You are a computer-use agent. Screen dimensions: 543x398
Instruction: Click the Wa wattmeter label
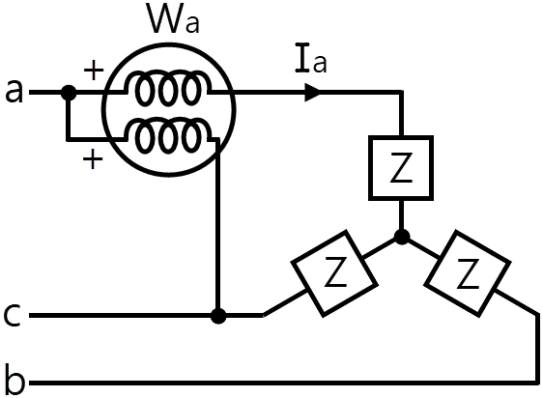pos(173,19)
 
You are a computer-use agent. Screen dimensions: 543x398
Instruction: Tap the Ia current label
pos(311,58)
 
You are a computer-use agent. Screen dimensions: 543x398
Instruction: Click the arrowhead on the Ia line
pos(313,93)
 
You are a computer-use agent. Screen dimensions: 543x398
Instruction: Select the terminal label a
pos(14,91)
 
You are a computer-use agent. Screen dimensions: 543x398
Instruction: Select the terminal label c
pos(13,315)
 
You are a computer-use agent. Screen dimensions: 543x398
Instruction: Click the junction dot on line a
pos(69,93)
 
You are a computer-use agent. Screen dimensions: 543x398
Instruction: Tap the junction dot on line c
pos(218,316)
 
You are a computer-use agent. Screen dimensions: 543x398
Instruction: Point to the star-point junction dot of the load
pos(402,237)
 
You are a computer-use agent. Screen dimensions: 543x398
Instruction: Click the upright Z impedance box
pos(401,168)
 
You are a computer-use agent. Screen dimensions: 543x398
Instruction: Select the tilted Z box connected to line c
pos(334,273)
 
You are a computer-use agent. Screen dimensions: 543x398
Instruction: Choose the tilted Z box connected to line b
pos(468,273)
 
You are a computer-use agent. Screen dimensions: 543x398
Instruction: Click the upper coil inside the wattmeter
pos(168,88)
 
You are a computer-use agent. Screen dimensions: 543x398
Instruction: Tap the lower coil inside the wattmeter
pos(168,136)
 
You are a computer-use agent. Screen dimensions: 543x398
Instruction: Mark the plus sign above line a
pos(94,71)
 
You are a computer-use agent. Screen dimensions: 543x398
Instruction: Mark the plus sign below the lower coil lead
pos(93,159)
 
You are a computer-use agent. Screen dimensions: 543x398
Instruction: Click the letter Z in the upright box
pos(401,168)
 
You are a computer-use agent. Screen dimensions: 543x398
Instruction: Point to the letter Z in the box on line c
pos(335,271)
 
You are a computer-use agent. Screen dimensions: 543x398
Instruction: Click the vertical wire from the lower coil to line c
pos(217,227)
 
